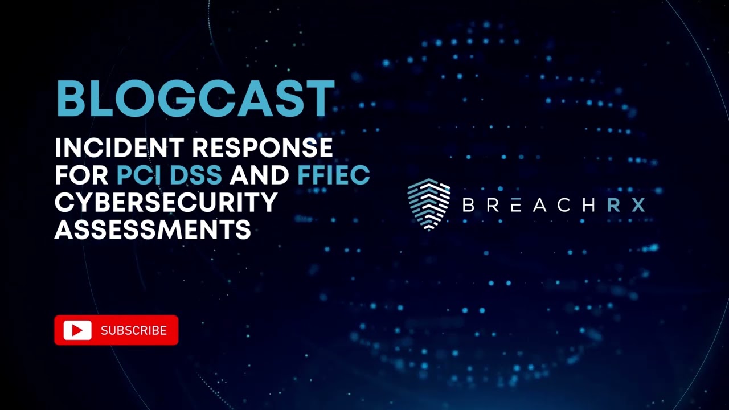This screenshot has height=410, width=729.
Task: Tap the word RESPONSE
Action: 262,148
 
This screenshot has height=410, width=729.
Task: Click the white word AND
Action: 259,175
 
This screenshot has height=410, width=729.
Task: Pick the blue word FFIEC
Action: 333,175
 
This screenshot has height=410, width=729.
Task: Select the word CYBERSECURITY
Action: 166,202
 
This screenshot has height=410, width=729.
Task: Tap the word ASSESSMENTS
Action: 153,229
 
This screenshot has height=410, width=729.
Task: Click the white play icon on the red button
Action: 77,330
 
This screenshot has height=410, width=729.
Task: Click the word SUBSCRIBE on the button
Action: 134,331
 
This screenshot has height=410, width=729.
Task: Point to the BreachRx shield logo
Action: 429,204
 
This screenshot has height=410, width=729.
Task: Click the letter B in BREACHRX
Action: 468,205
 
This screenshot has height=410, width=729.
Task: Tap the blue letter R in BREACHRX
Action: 613,205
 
